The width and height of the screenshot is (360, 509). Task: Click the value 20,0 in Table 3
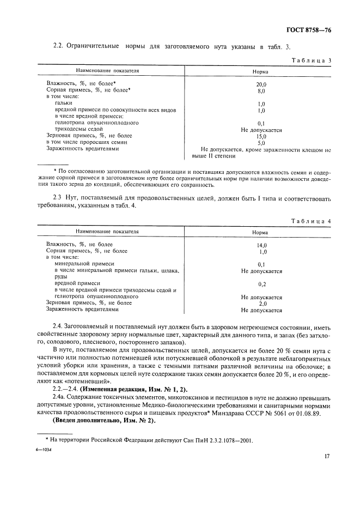pos(261,85)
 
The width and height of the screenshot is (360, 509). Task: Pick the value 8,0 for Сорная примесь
pos(261,91)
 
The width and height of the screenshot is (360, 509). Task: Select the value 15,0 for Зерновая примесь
pos(261,136)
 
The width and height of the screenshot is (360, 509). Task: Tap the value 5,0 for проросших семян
pos(261,143)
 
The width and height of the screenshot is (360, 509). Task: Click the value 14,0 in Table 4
pos(261,245)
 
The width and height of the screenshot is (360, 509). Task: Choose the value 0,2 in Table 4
pos(261,284)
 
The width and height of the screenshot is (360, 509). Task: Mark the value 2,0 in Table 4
pos(262,304)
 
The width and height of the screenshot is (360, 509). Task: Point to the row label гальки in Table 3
pos(64,103)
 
